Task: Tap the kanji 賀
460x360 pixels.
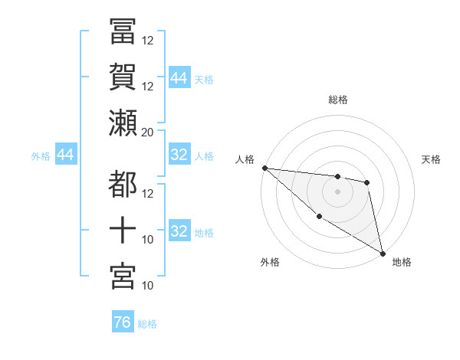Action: click(123, 77)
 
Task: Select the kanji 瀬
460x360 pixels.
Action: click(123, 123)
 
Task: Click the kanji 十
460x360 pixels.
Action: click(123, 230)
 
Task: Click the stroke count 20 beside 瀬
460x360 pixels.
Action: click(147, 132)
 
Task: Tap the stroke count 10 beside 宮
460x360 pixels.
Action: click(147, 286)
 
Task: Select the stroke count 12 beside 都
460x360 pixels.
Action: click(147, 193)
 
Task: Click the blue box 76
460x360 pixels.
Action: click(123, 322)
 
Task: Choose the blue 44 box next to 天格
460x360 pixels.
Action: click(179, 78)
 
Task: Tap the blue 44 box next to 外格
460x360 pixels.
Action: click(65, 155)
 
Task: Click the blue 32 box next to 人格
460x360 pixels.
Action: click(179, 155)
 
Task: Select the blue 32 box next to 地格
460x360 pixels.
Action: click(179, 231)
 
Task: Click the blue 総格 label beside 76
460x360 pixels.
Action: click(147, 324)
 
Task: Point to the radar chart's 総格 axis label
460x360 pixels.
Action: click(338, 100)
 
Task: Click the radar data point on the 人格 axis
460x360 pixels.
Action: click(264, 168)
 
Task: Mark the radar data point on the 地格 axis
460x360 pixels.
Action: click(382, 253)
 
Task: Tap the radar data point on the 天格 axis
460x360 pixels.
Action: click(367, 182)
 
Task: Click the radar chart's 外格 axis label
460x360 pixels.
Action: click(270, 263)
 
